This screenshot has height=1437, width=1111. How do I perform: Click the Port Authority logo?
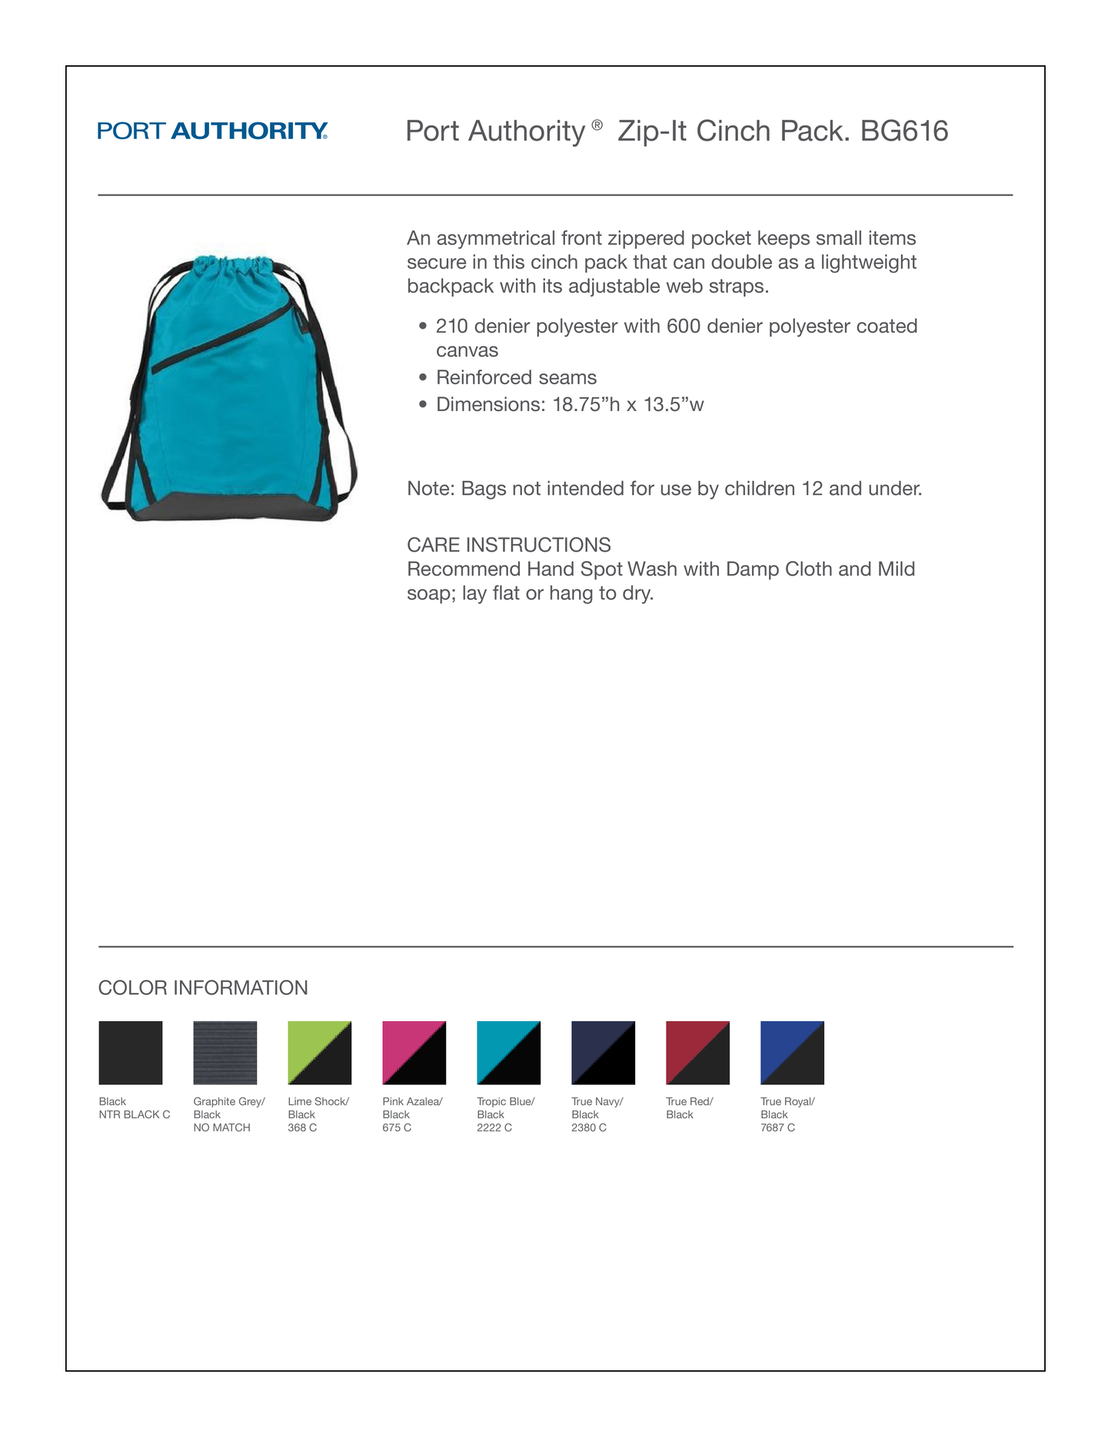[x=212, y=131]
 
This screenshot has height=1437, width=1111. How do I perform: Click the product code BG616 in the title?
[x=904, y=131]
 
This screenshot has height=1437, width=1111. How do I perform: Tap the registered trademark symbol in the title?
[x=597, y=124]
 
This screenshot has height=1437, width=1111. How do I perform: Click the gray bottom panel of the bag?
[x=231, y=507]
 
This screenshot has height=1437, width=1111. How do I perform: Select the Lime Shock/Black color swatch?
[x=319, y=1052]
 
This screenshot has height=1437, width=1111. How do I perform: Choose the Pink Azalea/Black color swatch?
[x=414, y=1052]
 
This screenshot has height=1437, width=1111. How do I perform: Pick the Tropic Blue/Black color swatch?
[x=508, y=1052]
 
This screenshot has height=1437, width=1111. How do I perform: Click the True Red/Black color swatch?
[x=697, y=1052]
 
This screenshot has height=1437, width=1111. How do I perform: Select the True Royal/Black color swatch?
[x=792, y=1052]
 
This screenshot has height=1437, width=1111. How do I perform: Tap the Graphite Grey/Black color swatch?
[x=225, y=1052]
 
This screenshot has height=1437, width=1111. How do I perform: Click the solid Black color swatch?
[x=130, y=1052]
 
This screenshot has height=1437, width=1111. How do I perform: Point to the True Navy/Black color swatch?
[x=603, y=1052]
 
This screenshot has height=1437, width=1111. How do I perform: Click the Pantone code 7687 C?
[x=777, y=1127]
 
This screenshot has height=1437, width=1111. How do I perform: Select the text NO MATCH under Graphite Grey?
[x=221, y=1127]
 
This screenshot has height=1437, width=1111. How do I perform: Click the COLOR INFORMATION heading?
[x=203, y=987]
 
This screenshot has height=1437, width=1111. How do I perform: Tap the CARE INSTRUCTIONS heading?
[x=508, y=545]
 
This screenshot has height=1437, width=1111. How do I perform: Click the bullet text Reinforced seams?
[x=516, y=377]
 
